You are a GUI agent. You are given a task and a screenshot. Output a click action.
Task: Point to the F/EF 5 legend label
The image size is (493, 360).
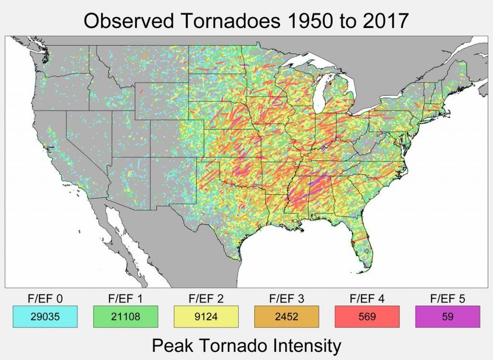click(448, 299)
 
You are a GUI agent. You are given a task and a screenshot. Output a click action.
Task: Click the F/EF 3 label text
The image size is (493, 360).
click(286, 299)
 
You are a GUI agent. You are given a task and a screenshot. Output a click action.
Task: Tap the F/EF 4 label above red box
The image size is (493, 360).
click(367, 299)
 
